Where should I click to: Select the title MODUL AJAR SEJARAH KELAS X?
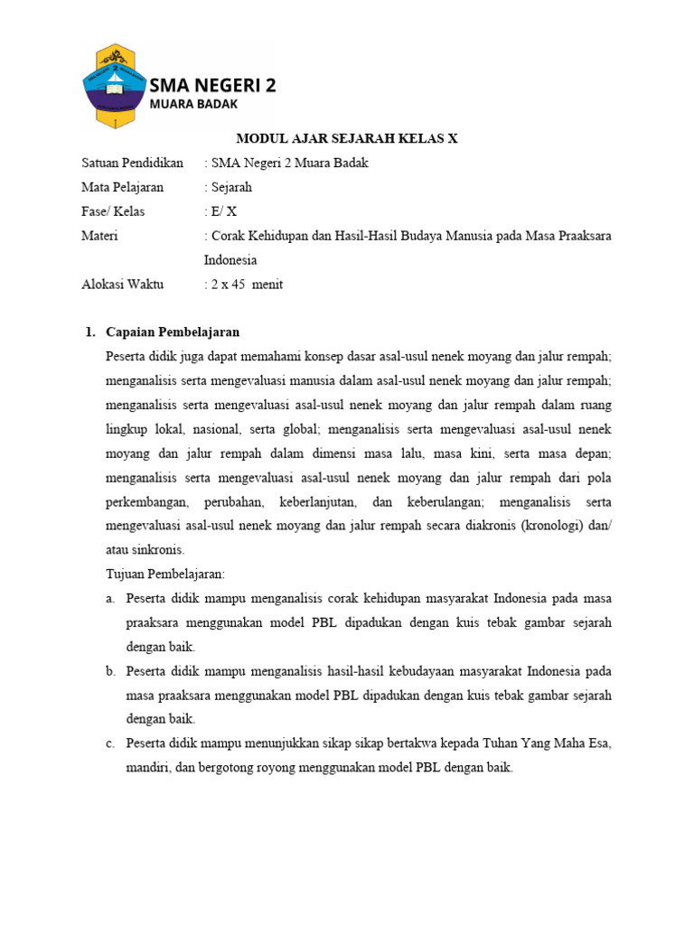347,138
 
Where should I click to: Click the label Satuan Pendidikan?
132,163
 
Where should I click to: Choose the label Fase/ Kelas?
113,211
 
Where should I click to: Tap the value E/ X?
223,211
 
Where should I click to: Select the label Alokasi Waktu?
123,285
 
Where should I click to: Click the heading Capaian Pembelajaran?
173,332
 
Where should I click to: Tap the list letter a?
109,598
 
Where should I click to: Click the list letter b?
110,671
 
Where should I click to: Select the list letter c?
109,743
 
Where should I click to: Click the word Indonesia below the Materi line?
230,260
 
